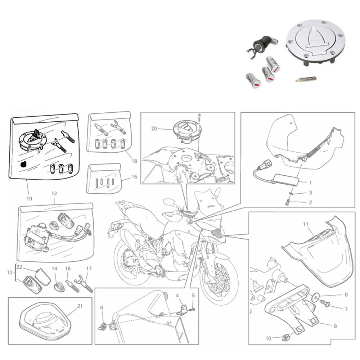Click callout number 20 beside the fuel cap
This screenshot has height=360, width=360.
(x=154, y=129)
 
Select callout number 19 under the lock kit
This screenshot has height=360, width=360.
(x=29, y=199)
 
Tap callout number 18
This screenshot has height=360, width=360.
(x=134, y=161)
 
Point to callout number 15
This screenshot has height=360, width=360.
(x=134, y=177)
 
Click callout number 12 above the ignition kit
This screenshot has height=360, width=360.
(x=54, y=194)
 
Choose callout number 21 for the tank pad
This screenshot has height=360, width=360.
(x=80, y=306)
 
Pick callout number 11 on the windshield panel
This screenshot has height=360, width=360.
(x=305, y=224)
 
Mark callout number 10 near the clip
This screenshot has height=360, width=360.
(x=269, y=338)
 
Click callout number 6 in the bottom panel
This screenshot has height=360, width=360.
(x=102, y=308)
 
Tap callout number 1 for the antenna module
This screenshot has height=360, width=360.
(x=310, y=183)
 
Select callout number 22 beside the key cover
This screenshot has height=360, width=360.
(x=19, y=267)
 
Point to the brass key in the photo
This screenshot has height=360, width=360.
(x=306, y=79)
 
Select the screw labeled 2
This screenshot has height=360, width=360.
(x=287, y=202)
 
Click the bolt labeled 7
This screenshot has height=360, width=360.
(x=325, y=303)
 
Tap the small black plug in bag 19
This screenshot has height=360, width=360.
(x=23, y=165)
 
